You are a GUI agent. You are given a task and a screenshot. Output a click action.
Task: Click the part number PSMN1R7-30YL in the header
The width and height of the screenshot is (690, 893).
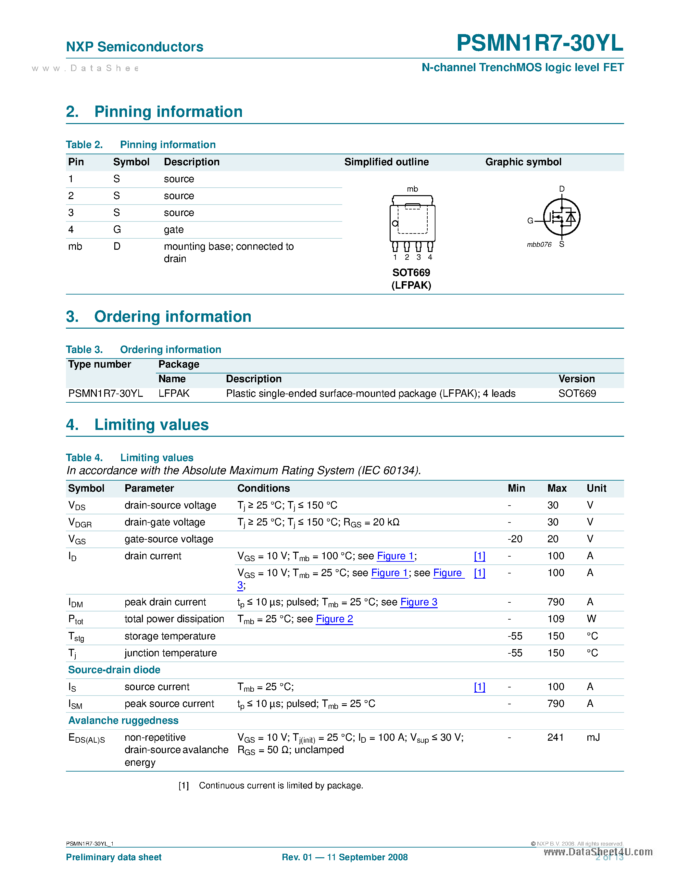(540, 43)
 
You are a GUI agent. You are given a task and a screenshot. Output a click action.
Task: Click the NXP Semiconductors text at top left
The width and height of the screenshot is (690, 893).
(134, 47)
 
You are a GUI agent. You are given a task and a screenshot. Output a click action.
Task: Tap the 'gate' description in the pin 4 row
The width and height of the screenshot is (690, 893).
(173, 229)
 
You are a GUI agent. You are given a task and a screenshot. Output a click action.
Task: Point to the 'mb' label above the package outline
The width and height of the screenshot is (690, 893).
(412, 189)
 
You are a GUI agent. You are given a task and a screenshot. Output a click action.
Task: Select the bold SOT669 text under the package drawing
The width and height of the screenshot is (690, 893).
(411, 272)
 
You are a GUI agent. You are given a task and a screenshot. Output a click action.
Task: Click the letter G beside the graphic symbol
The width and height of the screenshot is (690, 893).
(530, 221)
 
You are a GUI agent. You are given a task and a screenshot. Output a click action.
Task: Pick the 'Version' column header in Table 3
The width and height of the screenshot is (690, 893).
(576, 379)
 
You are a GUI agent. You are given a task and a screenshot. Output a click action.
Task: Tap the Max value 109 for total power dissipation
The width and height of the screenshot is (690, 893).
(556, 619)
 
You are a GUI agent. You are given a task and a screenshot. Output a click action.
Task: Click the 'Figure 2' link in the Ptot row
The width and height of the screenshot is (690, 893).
(334, 619)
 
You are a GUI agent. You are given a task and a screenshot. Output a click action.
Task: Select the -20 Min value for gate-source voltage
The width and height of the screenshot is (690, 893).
(515, 539)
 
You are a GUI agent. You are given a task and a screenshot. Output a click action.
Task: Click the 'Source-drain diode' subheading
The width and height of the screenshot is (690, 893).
(114, 670)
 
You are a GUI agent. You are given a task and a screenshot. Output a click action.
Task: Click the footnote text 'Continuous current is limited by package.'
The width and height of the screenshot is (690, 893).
(281, 786)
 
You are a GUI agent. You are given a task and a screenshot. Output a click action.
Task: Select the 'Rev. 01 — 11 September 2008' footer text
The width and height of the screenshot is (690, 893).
(345, 857)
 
